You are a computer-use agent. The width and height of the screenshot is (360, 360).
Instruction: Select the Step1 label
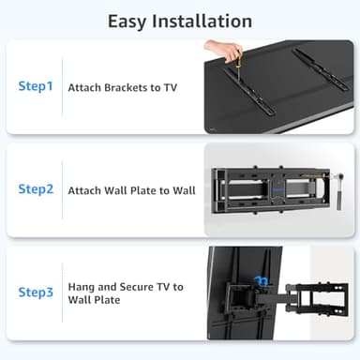pos(36,86)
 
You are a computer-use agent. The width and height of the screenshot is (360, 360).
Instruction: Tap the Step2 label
pos(36,189)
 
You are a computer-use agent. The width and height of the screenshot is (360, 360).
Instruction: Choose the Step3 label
pos(36,292)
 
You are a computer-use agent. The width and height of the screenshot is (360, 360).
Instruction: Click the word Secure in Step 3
pos(137,286)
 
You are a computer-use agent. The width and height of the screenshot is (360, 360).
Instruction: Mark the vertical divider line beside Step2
pos(62,189)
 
